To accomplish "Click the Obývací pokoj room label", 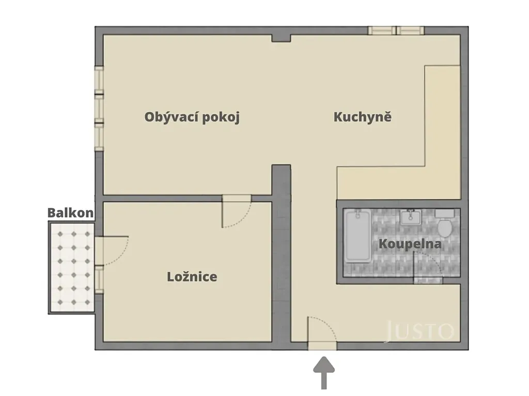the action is pyautogui.click(x=192, y=117).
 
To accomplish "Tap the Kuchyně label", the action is pyautogui.click(x=363, y=117).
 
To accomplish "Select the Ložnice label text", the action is pyautogui.click(x=192, y=277).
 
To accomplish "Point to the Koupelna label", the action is pyautogui.click(x=410, y=244).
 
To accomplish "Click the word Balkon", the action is pyautogui.click(x=70, y=213).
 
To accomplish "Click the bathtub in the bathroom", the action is pyautogui.click(x=357, y=235).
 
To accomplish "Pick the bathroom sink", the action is pyautogui.click(x=411, y=217).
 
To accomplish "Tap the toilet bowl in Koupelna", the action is pyautogui.click(x=445, y=228).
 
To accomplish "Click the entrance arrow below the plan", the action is pyautogui.click(x=324, y=373).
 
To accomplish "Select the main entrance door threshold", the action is pyautogui.click(x=322, y=346).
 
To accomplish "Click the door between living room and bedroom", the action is pyautogui.click(x=237, y=211).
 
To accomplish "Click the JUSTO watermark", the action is pyautogui.click(x=420, y=331).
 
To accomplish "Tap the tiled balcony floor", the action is pyautogui.click(x=72, y=268).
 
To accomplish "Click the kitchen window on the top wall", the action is pyautogui.click(x=396, y=30).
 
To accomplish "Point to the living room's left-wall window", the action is pyautogui.click(x=99, y=108).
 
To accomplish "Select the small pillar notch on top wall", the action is pyautogui.click(x=281, y=38).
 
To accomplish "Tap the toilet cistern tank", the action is pyautogui.click(x=445, y=213).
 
